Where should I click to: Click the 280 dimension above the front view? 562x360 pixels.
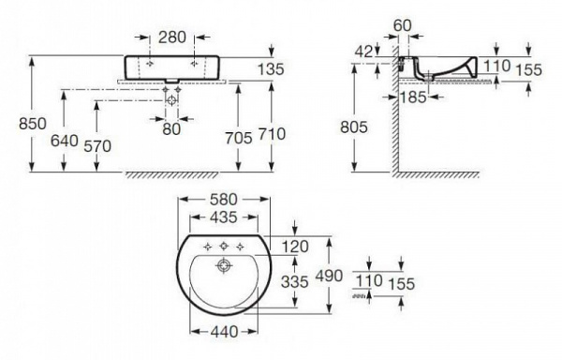click(x=172, y=37)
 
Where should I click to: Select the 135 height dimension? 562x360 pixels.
click(x=271, y=68)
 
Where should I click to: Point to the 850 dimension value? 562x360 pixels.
click(x=33, y=124)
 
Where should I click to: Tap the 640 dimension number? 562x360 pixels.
click(x=65, y=141)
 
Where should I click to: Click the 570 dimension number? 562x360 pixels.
click(x=97, y=146)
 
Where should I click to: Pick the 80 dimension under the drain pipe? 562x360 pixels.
click(x=171, y=129)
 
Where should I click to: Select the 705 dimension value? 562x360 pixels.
click(x=239, y=138)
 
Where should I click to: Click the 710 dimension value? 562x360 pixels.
click(x=272, y=134)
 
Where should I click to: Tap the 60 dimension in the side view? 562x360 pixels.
click(x=403, y=25)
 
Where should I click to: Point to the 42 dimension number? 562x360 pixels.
click(x=363, y=52)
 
